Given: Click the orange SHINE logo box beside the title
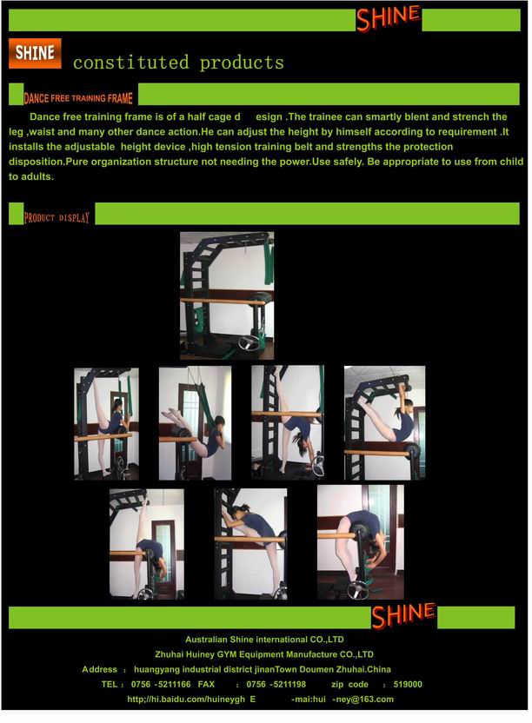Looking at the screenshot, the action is pyautogui.click(x=35, y=54).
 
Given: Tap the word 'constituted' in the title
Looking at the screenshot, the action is pyautogui.click(x=131, y=63).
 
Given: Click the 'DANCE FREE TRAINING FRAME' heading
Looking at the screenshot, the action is pyautogui.click(x=78, y=98).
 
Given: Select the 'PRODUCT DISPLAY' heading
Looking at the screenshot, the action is pyautogui.click(x=57, y=217).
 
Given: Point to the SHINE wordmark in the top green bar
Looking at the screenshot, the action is pyautogui.click(x=388, y=18).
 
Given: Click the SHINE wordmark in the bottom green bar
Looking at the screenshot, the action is pyautogui.click(x=403, y=615).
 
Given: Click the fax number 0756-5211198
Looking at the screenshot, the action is pyautogui.click(x=276, y=684).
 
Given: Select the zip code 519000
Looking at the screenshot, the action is pyautogui.click(x=408, y=684).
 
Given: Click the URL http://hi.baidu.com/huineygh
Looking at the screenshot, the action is pyautogui.click(x=186, y=699).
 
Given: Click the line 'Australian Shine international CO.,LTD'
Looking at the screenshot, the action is pyautogui.click(x=264, y=640).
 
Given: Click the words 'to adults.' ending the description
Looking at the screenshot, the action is pyautogui.click(x=31, y=176).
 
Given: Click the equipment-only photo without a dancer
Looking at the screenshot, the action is pyautogui.click(x=227, y=295).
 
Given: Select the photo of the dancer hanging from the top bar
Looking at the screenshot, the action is pyautogui.click(x=385, y=423).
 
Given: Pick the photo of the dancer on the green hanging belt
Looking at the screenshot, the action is pyautogui.click(x=196, y=423).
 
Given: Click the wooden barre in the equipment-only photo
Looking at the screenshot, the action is pyautogui.click(x=223, y=302).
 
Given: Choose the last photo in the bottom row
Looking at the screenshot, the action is pyautogui.click(x=361, y=542).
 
